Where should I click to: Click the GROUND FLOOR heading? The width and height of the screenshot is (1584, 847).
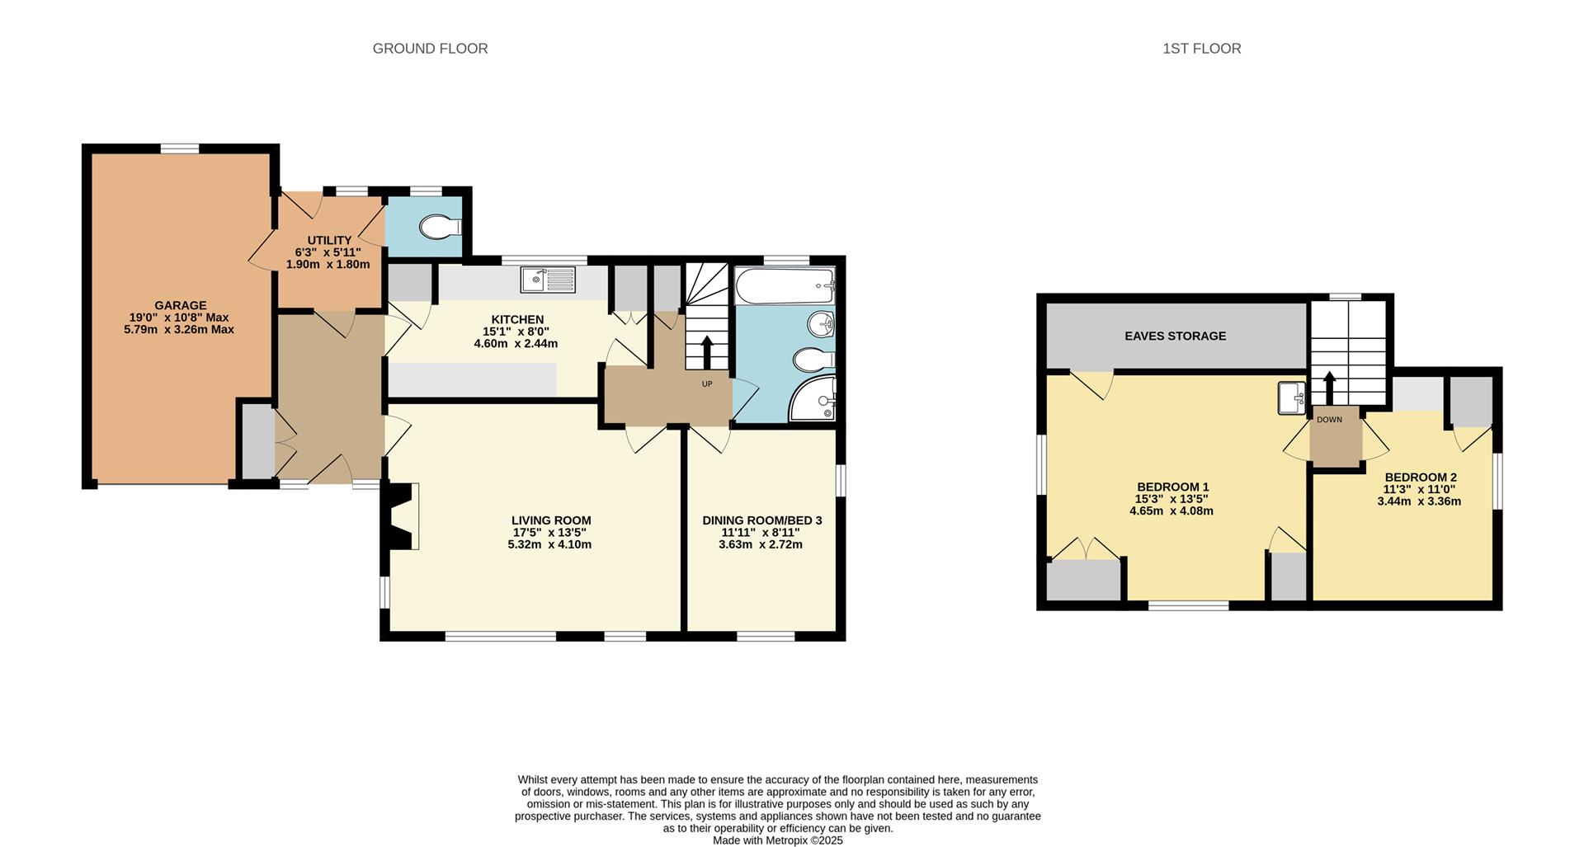tap(430, 49)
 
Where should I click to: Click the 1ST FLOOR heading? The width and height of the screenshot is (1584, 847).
tap(1201, 49)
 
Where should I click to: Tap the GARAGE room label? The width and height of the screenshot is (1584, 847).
tap(180, 305)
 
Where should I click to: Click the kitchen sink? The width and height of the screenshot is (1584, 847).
tap(547, 280)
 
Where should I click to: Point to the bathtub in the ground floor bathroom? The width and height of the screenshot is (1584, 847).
tap(784, 285)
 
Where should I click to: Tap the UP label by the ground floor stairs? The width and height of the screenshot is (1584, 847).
tap(707, 384)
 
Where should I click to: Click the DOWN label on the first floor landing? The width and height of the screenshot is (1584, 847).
tap(1329, 420)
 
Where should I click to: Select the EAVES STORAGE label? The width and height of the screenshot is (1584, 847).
tap(1175, 336)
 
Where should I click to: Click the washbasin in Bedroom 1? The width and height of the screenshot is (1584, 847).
tap(1291, 398)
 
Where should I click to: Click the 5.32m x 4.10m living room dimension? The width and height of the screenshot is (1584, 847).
tap(549, 544)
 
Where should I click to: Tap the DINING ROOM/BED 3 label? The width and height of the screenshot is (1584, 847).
tap(761, 520)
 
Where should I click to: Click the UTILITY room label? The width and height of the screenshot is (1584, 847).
tap(329, 240)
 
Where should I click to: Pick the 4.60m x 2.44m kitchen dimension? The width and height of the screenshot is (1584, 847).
tap(516, 343)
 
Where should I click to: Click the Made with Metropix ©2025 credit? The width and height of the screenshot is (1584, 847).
tap(777, 840)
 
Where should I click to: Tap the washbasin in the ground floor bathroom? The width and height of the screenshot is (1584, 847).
tap(821, 324)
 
